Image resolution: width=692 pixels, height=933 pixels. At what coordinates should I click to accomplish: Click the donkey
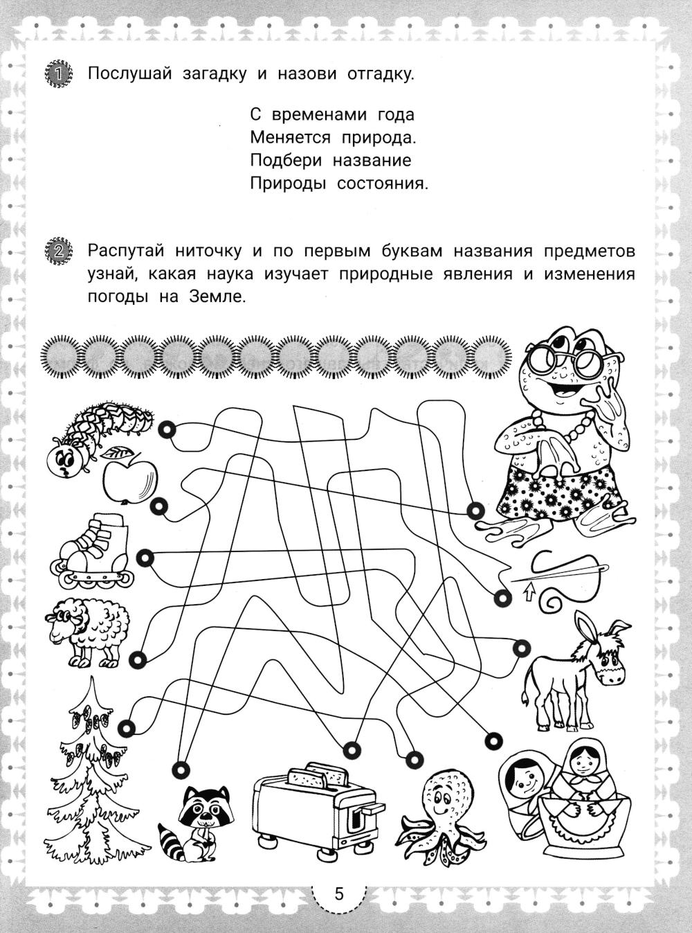point(578,672)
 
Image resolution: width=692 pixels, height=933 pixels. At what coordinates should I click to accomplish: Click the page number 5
point(338,894)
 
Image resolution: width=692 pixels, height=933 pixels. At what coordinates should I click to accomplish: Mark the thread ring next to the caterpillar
point(167,430)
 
